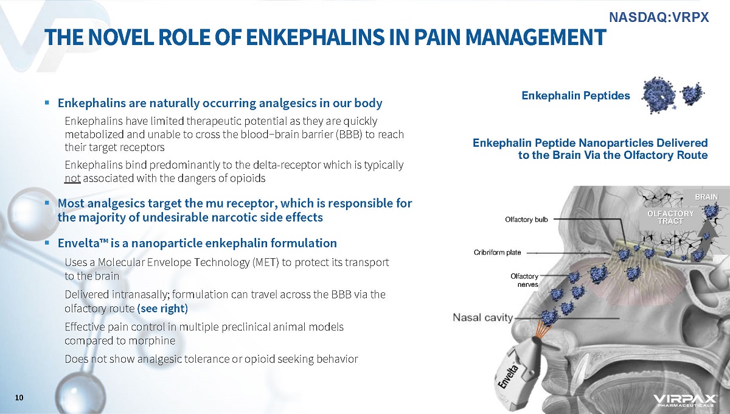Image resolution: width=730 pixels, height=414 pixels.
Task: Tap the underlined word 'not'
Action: (72, 178)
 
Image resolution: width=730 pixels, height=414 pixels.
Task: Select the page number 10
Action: (19, 398)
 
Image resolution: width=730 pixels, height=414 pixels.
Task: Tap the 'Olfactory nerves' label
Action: (524, 280)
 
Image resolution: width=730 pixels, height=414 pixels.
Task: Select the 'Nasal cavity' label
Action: (482, 317)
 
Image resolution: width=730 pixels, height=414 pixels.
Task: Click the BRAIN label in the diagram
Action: (706, 197)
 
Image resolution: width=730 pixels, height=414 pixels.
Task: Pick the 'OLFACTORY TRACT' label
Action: (670, 217)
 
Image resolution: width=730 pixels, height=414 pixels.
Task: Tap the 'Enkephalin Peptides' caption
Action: (575, 96)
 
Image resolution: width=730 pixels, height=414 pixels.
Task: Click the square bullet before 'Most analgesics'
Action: (47, 203)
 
